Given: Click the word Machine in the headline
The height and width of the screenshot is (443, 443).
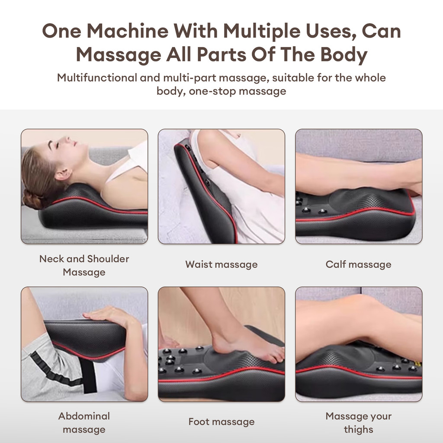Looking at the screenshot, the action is [x=128, y=31].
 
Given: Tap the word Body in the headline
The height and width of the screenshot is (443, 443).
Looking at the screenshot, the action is [x=343, y=55].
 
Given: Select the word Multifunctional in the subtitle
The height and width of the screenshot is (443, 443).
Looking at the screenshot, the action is [x=97, y=78].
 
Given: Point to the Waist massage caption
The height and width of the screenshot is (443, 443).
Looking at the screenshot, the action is [x=221, y=264].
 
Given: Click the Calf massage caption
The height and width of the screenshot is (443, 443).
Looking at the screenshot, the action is [x=359, y=264].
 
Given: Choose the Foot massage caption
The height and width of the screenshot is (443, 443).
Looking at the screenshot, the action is [x=221, y=422].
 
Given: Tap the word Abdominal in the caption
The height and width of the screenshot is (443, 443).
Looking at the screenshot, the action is [x=84, y=416].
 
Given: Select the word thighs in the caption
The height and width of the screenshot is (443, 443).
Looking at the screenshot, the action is [x=359, y=430].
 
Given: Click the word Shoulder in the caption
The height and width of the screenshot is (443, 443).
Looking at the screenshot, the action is [x=108, y=259].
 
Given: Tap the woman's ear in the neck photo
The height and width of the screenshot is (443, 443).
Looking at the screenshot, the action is [x=63, y=174].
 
